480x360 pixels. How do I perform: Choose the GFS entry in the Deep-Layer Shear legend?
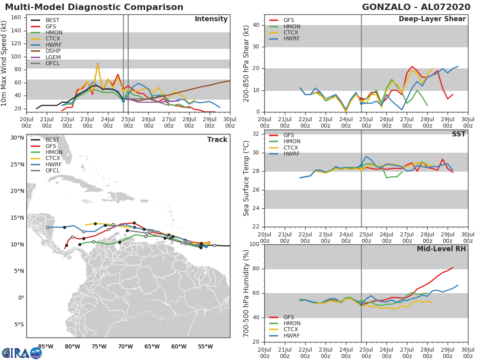pyautogui.click(x=288, y=20)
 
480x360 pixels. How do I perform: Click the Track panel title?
pyautogui.click(x=217, y=140)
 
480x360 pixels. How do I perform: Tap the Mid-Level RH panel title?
pyautogui.click(x=441, y=249)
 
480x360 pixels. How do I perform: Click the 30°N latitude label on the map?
pyautogui.click(x=17, y=138)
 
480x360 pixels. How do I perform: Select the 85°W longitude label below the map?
pyautogui.click(x=46, y=346)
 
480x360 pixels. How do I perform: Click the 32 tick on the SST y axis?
pyautogui.click(x=255, y=134)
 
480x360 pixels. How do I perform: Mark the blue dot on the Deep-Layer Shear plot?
pyautogui.click(x=361, y=103)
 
